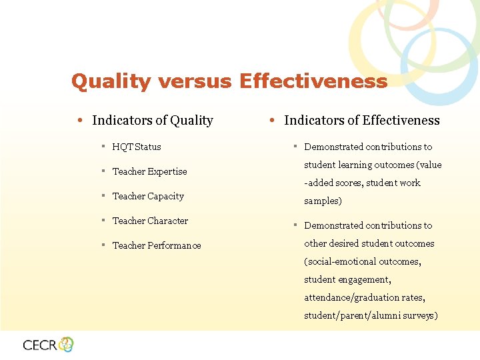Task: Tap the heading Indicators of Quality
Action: pos(152,121)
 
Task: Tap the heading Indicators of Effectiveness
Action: pos(361,121)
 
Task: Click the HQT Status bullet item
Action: pos(136,147)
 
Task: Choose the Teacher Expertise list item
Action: pos(149,171)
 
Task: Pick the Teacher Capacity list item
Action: pos(147,196)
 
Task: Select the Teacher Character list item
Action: pos(150,221)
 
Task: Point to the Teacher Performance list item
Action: pos(156,245)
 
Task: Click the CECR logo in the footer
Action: pos(48,345)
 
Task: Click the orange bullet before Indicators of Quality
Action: pos(79,121)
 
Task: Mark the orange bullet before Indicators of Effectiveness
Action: pos(272,121)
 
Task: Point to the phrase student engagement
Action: pos(347,279)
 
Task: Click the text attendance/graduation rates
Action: pos(364,297)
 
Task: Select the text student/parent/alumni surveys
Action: pos(371,315)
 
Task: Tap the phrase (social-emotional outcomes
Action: pos(362,261)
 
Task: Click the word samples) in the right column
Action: pos(323,201)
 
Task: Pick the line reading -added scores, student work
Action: pos(362,183)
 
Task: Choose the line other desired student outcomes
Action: pos(369,243)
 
